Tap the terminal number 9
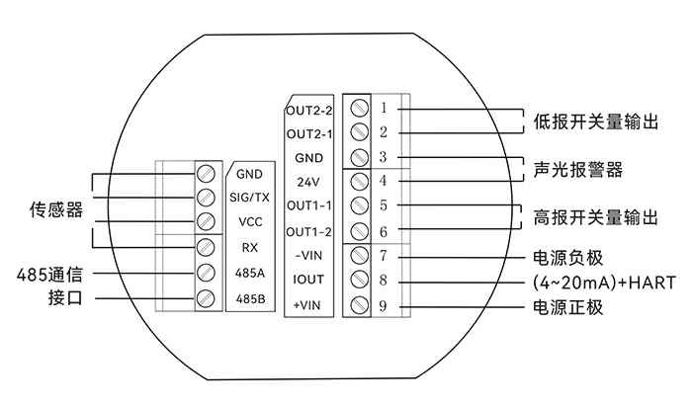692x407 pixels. pos(383,306)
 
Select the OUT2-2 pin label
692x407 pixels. pos(309,110)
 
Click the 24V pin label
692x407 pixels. pos(308,182)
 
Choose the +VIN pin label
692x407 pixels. pos(309,305)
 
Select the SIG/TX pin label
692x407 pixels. pos(249,198)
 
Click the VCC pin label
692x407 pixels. pos(249,222)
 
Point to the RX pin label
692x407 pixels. pos(249,247)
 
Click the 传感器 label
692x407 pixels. pos(55,210)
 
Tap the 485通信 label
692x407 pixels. pos(55,273)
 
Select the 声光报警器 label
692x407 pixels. pos(578,170)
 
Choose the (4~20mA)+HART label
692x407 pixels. pos(599,283)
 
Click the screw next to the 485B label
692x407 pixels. pos(207,297)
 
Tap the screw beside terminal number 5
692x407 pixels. pos(361,206)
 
